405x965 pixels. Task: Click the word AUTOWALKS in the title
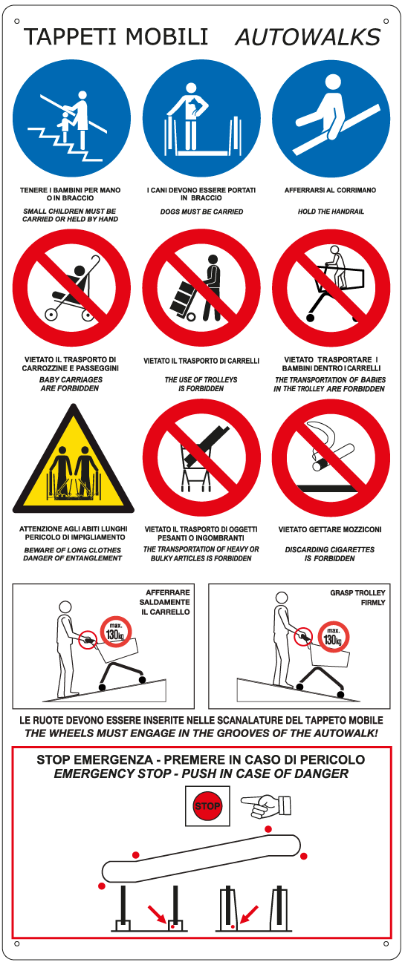coord(308,37)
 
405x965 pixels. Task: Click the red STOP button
coord(207,806)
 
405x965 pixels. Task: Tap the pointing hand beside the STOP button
coord(266,805)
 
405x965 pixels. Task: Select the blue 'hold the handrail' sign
coord(331,118)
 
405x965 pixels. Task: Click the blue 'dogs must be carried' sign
coord(202,118)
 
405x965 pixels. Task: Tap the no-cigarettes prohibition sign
coord(331,457)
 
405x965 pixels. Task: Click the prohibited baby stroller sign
coord(71,288)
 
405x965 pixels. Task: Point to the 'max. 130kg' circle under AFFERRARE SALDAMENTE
coord(115,632)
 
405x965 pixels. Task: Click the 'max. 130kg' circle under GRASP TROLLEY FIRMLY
coord(334,637)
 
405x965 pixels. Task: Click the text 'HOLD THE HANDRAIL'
coord(331,212)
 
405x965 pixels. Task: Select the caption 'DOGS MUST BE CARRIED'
coord(202,212)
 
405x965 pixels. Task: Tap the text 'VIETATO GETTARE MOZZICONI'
coord(330,529)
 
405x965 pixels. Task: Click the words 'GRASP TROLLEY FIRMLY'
coord(358,598)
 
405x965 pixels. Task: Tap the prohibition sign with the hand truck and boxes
coord(202,288)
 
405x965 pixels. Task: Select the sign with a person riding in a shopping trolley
coord(331,288)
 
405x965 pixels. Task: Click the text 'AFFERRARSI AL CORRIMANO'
coord(331,190)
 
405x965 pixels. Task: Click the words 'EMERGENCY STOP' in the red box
coord(112,773)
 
